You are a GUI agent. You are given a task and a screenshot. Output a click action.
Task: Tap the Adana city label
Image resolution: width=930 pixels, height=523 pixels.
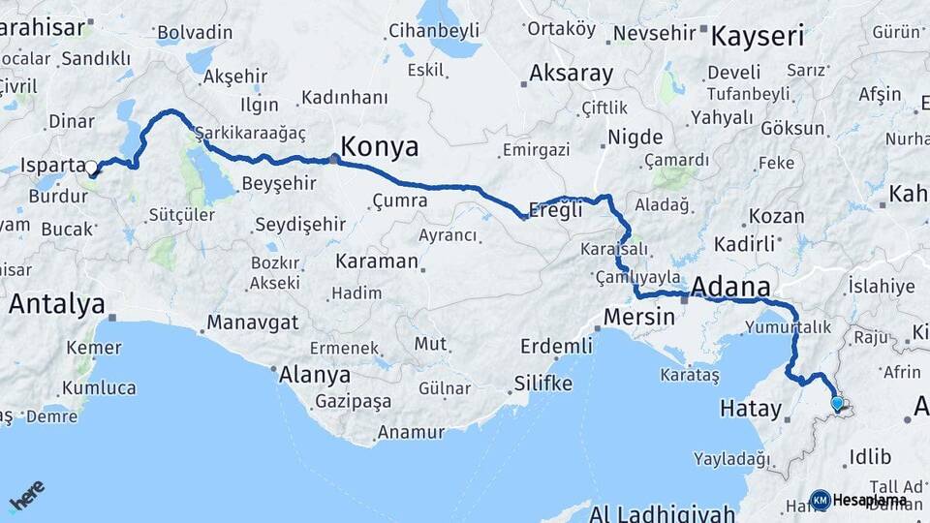pyautogui.click(x=730, y=287)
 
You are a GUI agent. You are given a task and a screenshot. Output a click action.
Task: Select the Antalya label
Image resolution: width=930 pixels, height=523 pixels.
pyautogui.click(x=56, y=304)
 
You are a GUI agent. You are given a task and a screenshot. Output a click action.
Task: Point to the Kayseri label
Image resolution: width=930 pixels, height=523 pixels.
pyautogui.click(x=758, y=37)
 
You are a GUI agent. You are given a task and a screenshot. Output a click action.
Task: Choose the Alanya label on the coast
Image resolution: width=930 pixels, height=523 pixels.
pyautogui.click(x=315, y=374)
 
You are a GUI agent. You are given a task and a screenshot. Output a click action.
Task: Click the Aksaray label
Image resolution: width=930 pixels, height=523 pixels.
pyautogui.click(x=572, y=74)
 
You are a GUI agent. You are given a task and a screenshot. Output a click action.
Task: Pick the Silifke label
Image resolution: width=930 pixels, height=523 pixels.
pyautogui.click(x=542, y=384)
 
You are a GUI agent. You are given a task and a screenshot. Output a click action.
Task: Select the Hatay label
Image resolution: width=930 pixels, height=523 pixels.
pyautogui.click(x=750, y=409)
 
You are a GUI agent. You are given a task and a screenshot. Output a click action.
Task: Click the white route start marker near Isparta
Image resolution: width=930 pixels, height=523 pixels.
pyautogui.click(x=92, y=168)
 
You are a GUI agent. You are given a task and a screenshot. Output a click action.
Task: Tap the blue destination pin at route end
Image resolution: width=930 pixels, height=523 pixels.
pyautogui.click(x=837, y=402)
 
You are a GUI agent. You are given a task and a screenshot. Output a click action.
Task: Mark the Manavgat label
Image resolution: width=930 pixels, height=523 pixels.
pyautogui.click(x=253, y=323)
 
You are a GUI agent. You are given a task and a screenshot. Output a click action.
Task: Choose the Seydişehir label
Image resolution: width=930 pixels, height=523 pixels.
pyautogui.click(x=299, y=225)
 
